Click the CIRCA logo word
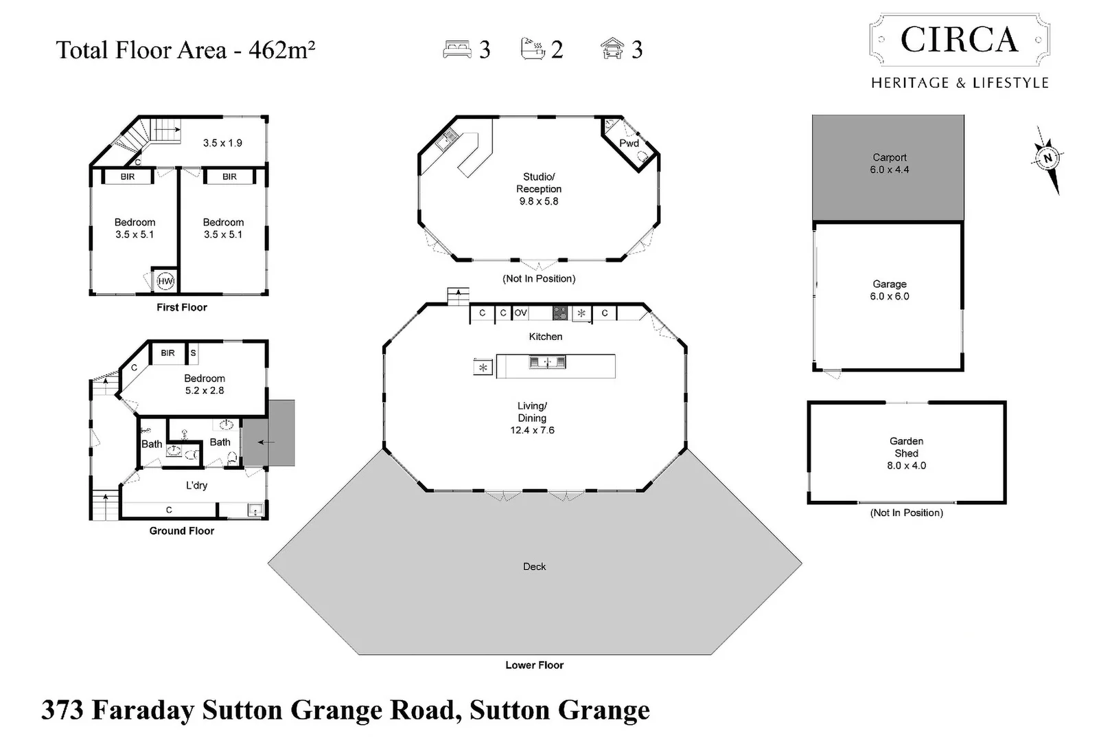pyautogui.click(x=959, y=40)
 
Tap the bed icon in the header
pyautogui.click(x=456, y=49)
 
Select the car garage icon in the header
pyautogui.click(x=612, y=49)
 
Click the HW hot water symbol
pyautogui.click(x=165, y=281)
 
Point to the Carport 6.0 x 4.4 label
pyautogui.click(x=890, y=164)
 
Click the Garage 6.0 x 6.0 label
pyautogui.click(x=890, y=290)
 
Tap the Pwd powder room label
pyautogui.click(x=629, y=143)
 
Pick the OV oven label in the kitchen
pyautogui.click(x=520, y=313)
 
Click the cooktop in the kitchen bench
pyautogui.click(x=560, y=313)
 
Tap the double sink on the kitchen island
pyautogui.click(x=547, y=362)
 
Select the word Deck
pyautogui.click(x=534, y=567)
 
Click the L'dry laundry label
pyautogui.click(x=196, y=485)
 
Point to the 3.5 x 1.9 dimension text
pyautogui.click(x=222, y=143)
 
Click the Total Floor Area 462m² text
pyautogui.click(x=185, y=50)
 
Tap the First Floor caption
pyautogui.click(x=181, y=307)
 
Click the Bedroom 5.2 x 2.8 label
pyautogui.click(x=205, y=384)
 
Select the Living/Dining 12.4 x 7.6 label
pyautogui.click(x=532, y=418)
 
